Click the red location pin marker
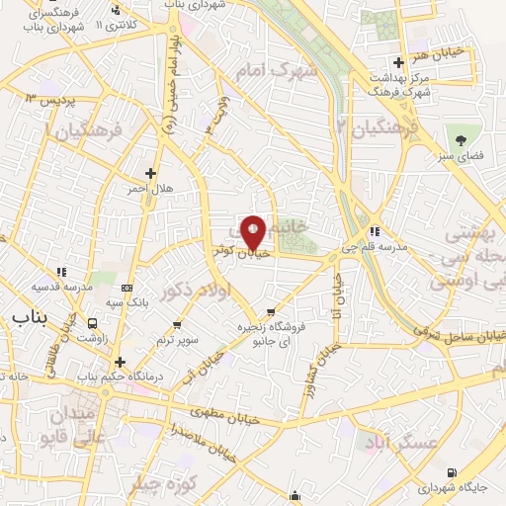click(253, 232)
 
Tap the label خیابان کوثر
click(242, 252)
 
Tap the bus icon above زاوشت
click(93, 322)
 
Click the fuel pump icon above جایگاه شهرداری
click(452, 472)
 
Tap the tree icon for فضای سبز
click(462, 134)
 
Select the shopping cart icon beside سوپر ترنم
click(177, 323)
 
